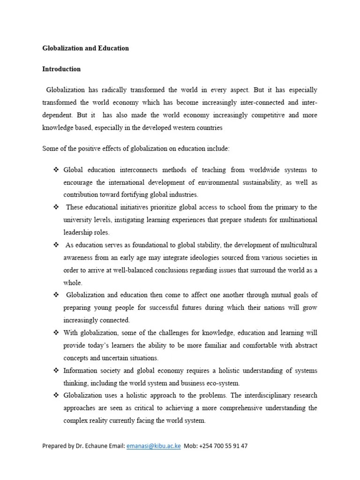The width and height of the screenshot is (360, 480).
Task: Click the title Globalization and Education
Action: pyautogui.click(x=85, y=48)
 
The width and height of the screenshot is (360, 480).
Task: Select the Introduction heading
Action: pyautogui.click(x=61, y=69)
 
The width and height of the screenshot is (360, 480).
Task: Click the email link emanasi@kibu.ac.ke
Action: pyautogui.click(x=154, y=446)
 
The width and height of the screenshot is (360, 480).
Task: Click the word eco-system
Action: pyautogui.click(x=223, y=383)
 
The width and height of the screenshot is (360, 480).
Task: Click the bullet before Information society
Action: pyautogui.click(x=55, y=370)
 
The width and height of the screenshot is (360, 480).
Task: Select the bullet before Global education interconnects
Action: pyautogui.click(x=55, y=169)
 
